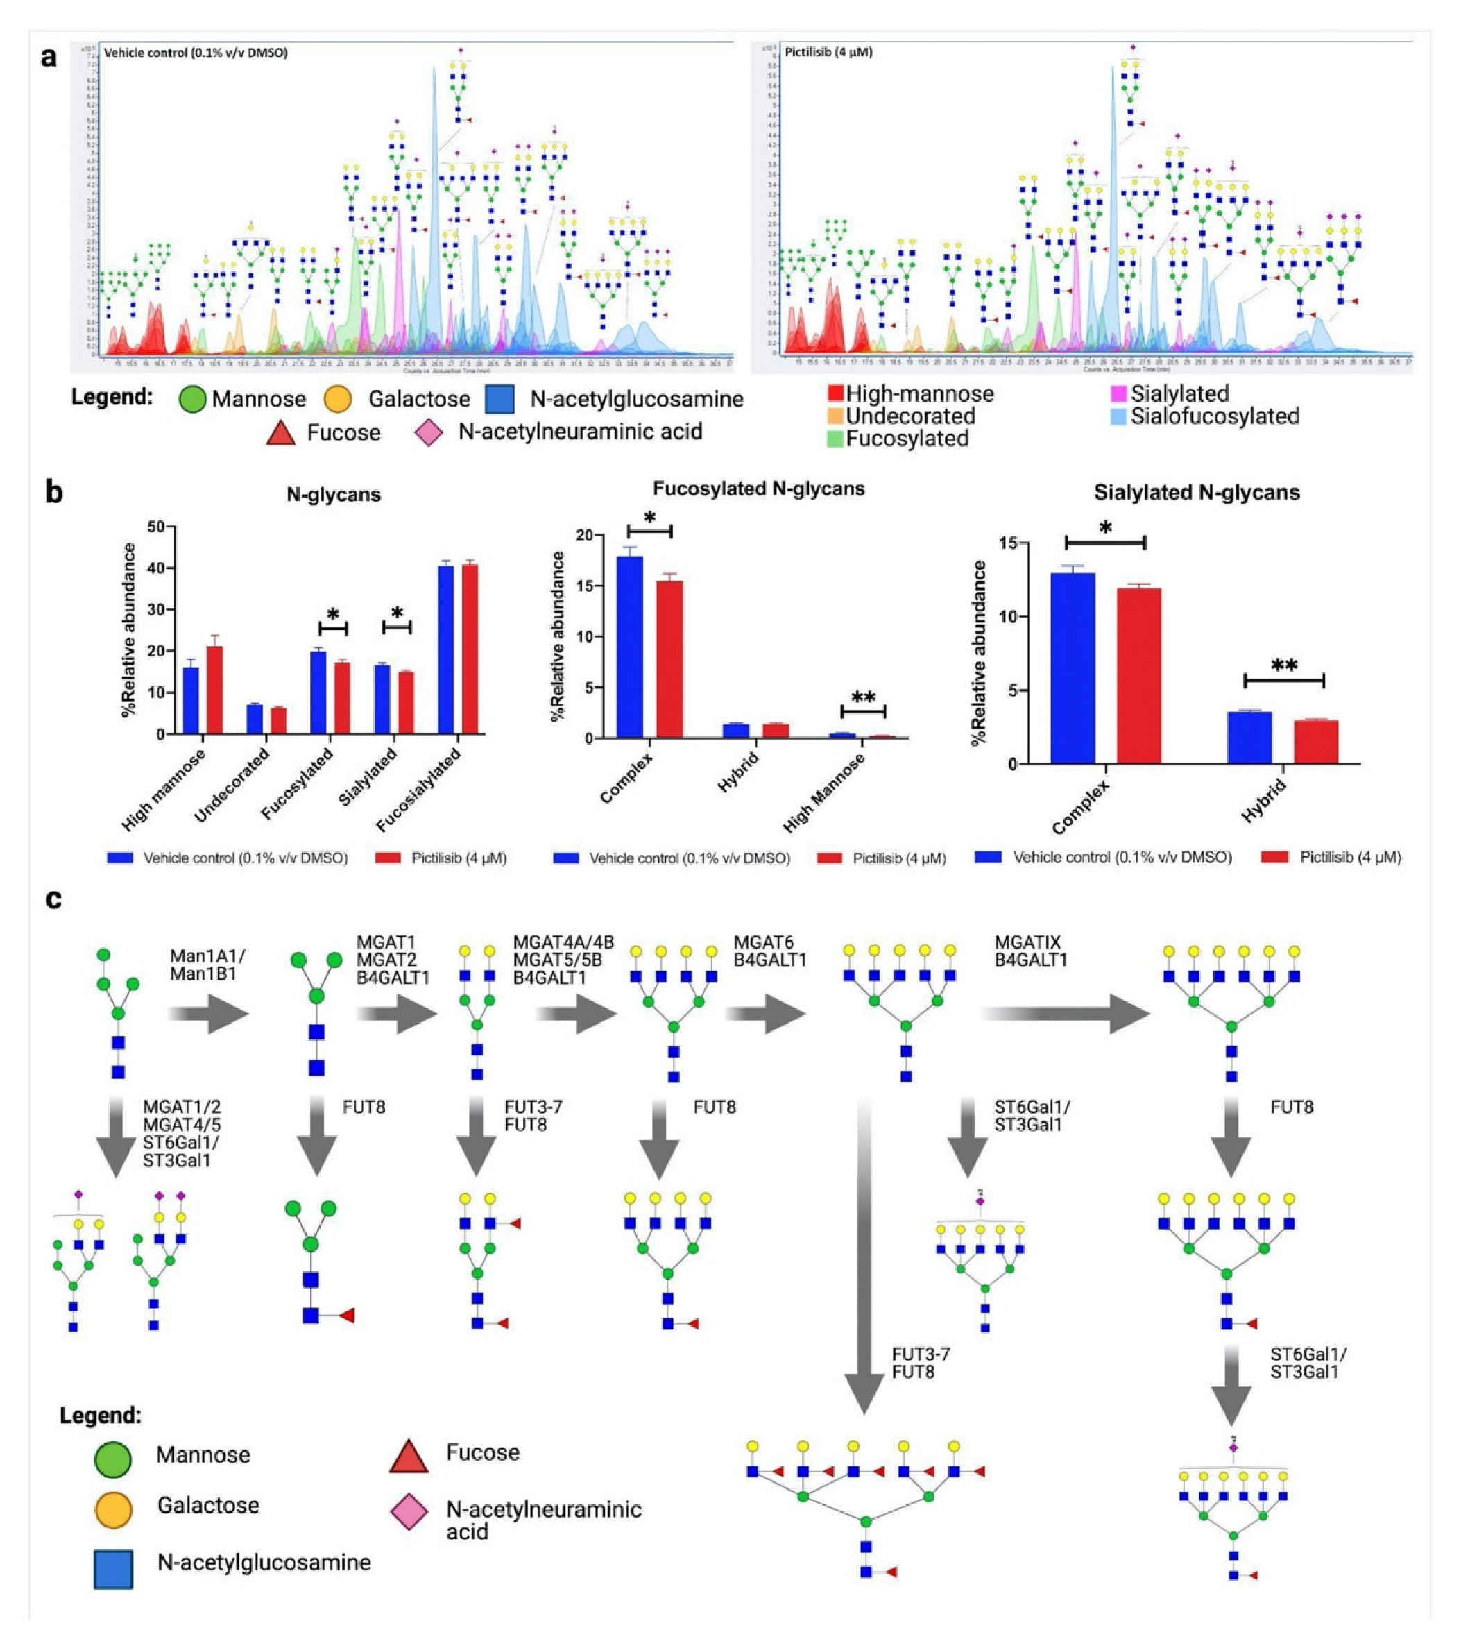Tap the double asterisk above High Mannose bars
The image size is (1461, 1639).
coord(863,697)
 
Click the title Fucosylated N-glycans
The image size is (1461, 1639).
coord(759,489)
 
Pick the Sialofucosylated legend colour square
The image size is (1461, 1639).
coord(1118,416)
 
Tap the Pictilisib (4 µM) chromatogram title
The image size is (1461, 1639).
coord(828,52)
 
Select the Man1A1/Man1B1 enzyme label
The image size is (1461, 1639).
coord(207,965)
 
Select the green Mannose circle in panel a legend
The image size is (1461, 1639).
coord(193,399)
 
